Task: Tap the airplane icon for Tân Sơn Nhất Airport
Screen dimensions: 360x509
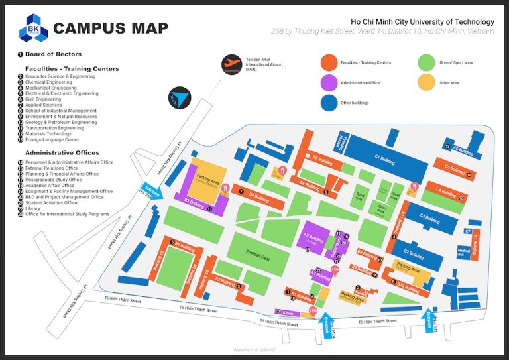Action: (232, 64)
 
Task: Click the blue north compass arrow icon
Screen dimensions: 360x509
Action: (178, 96)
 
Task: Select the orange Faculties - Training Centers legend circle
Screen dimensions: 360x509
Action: (328, 62)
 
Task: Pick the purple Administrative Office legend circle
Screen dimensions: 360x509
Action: (328, 83)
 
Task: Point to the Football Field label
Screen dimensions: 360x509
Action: (260, 253)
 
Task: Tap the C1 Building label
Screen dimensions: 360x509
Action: (386, 158)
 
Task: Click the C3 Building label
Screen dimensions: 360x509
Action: (430, 219)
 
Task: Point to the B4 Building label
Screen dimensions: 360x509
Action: (259, 197)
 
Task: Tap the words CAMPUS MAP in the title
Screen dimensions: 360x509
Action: (110, 29)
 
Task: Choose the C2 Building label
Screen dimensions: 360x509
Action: (414, 255)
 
